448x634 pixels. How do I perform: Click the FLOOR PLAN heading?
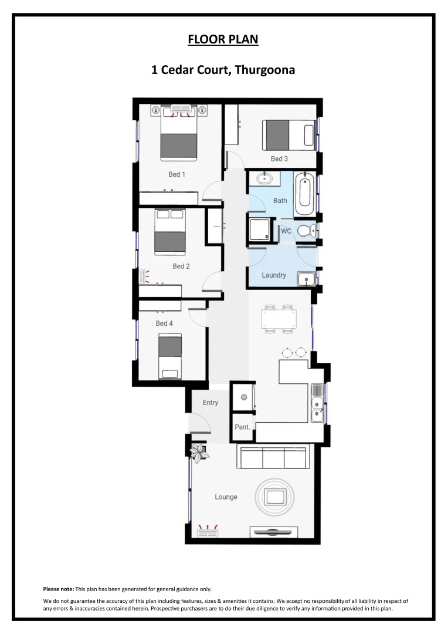[x=223, y=39]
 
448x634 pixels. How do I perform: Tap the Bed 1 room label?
[x=177, y=174]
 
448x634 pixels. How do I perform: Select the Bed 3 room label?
[x=279, y=159]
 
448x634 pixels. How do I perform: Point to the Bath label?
[x=280, y=201]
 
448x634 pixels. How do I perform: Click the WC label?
[x=286, y=231]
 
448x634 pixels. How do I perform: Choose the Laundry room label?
[x=274, y=275]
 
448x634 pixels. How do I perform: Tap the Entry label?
[x=211, y=403]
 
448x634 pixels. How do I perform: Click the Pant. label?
[x=242, y=427]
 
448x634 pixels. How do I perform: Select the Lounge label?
[x=226, y=497]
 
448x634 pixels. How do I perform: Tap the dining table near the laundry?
[x=279, y=319]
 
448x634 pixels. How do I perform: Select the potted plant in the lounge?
[x=199, y=451]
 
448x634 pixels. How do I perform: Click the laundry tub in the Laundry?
[x=306, y=278]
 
